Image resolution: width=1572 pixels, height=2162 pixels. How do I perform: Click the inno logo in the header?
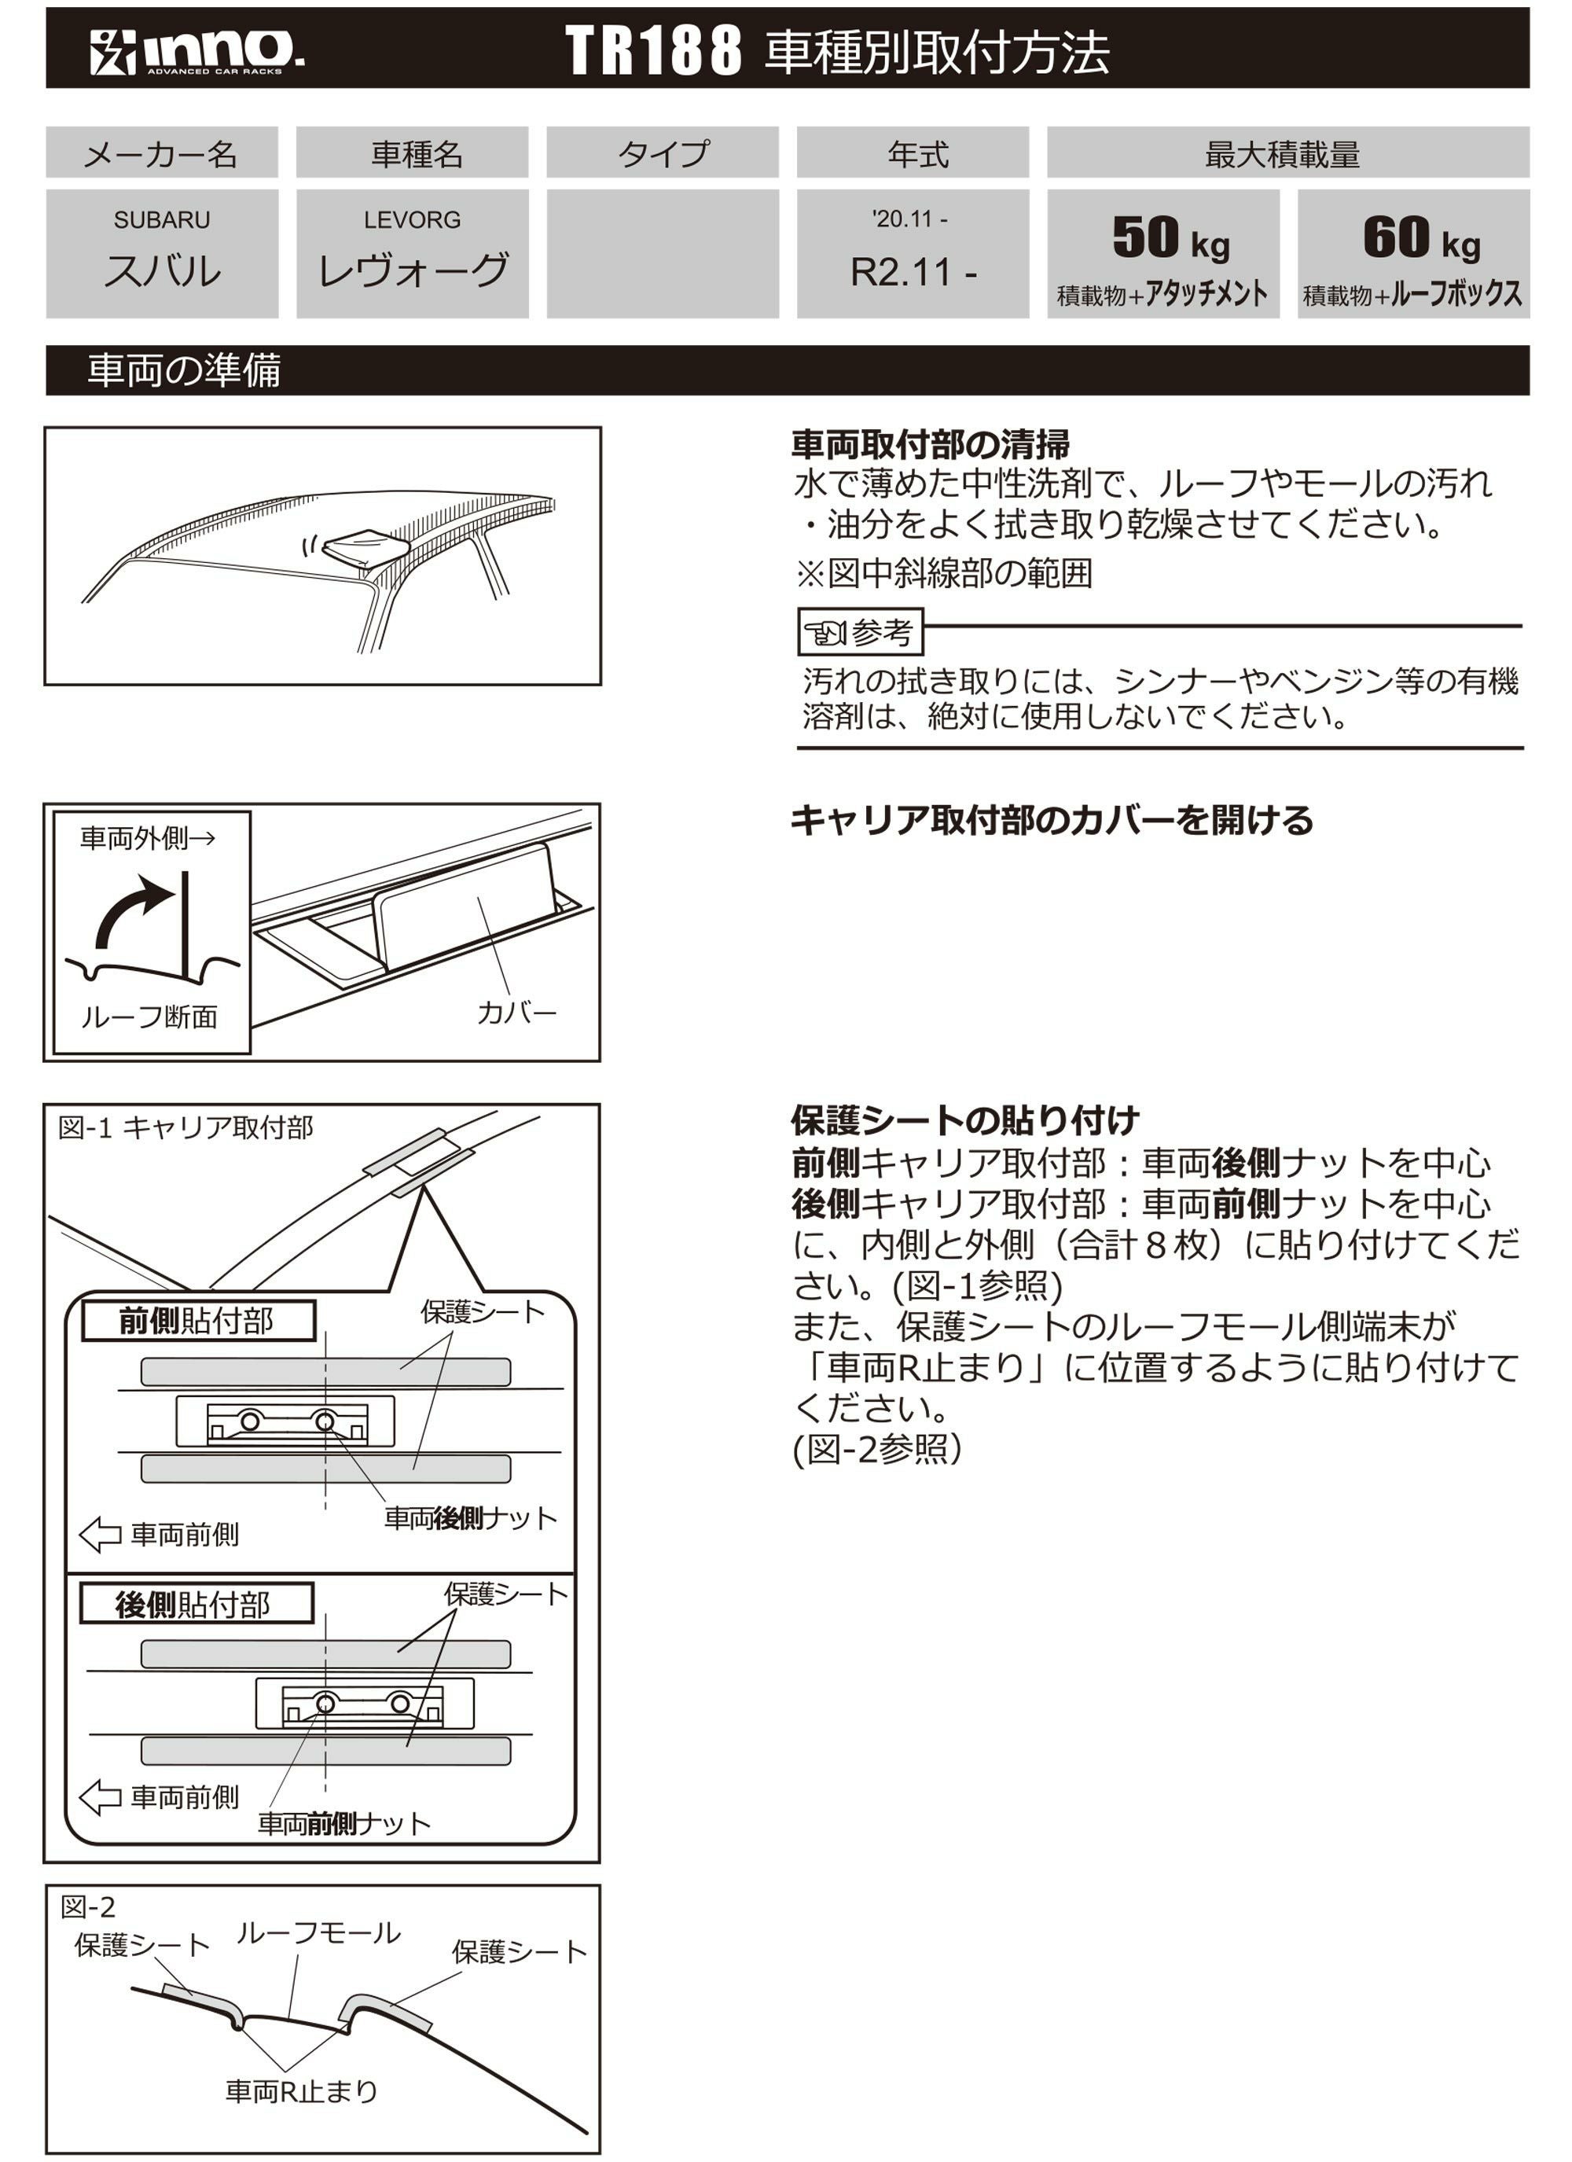tap(197, 51)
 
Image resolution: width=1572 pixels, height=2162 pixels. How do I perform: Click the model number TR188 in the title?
tap(653, 50)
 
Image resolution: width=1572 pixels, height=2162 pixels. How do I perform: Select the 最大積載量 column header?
tap(1287, 153)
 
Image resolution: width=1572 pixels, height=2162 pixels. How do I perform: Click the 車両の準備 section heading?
tap(184, 370)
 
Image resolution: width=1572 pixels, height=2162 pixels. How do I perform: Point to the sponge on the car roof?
tap(366, 548)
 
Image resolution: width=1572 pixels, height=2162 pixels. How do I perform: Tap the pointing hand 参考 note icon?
tap(825, 632)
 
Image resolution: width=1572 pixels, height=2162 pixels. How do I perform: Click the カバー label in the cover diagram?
tap(516, 1013)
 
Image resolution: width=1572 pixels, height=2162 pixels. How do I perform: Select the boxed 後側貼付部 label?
tap(196, 1605)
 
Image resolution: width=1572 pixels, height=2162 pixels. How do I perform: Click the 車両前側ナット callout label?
tap(344, 1824)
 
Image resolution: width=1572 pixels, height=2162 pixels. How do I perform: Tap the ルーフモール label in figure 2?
tap(318, 1933)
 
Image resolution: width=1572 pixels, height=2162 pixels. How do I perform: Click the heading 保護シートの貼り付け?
tap(964, 1120)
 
